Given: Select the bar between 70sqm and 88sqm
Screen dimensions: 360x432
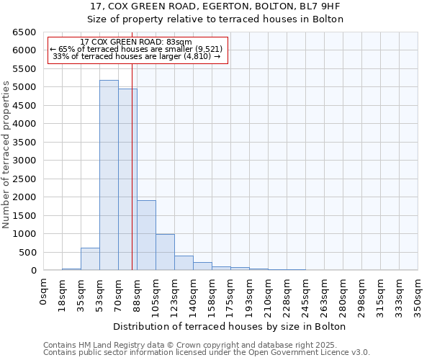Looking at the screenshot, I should click(127, 179).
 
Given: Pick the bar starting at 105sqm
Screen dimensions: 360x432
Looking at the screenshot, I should click(165, 252).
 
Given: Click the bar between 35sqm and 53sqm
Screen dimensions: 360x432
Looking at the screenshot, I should click(90, 259).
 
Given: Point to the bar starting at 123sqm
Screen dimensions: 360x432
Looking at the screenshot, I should click(184, 263).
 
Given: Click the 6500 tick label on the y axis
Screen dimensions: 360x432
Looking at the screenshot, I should click(24, 32).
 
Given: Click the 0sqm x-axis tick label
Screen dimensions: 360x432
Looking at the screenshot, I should click(44, 292).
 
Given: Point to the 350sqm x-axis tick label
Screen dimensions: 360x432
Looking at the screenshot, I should click(418, 295).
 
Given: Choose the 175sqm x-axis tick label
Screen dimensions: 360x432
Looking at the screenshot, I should click(231, 295).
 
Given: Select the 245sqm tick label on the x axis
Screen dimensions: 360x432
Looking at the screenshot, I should click(306, 295).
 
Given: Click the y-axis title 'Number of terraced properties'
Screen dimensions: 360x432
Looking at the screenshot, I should click(6, 155).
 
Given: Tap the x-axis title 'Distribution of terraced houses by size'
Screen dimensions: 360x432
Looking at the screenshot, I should click(230, 326).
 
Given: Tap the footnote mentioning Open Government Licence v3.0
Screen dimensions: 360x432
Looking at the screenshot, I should click(207, 353).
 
